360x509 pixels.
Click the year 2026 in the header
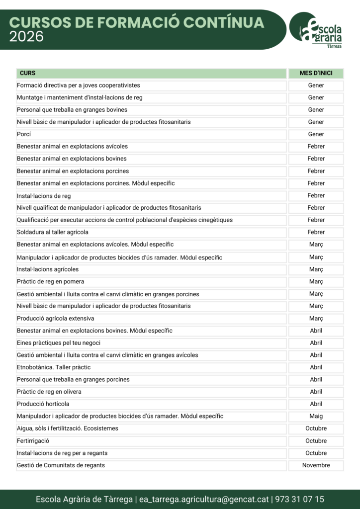pos(26,37)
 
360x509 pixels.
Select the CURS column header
pos(28,74)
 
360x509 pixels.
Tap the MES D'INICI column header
pos(316,74)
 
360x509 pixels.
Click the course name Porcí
pos(24,134)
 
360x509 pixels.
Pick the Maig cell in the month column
pos(316,416)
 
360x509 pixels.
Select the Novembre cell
pos(316,465)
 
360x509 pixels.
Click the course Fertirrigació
pos(33,441)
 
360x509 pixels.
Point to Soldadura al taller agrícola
pos(53,232)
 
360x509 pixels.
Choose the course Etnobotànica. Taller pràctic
pos(54,367)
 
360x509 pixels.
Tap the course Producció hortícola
pos(43,404)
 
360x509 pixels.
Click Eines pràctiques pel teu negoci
pos(58,343)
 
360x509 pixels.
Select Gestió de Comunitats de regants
pos(61,465)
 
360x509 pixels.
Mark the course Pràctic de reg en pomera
pos(50,281)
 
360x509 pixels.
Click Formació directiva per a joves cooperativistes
pos(78,85)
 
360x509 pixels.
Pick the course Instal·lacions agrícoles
pos(48,269)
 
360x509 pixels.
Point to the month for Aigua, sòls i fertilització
pos(316,428)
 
